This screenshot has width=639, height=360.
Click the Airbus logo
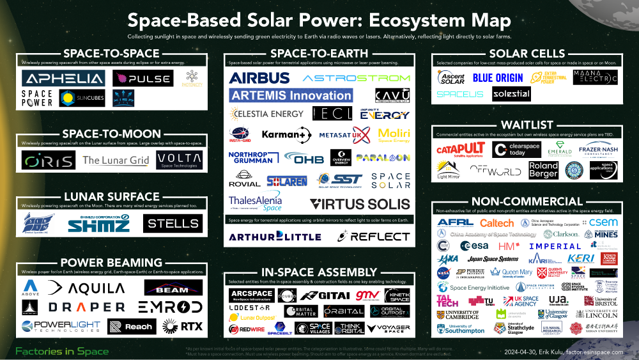pos(259,78)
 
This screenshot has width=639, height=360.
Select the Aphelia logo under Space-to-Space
pos(63,79)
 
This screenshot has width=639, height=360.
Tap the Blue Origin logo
pos(498,78)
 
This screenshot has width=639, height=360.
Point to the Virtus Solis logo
pos(359,204)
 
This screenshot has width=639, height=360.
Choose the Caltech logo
pos(497,223)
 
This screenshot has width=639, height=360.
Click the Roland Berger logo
pos(543,169)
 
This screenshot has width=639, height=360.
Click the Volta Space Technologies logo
pos(179,159)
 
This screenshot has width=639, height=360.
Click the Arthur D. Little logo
pos(273,237)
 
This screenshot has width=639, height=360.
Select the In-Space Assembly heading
pos(319,272)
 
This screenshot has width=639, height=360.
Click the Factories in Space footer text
pos(61,351)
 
